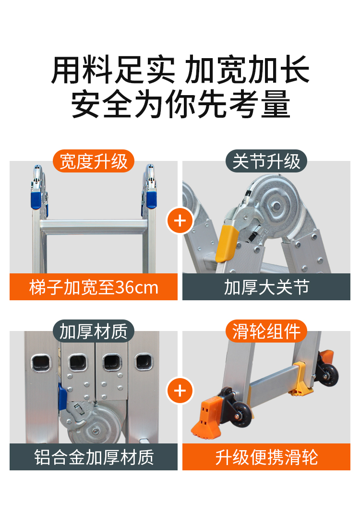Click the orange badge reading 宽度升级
(x=94, y=161)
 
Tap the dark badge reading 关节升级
(x=266, y=161)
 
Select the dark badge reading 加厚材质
(x=94, y=331)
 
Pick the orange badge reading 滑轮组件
(x=266, y=331)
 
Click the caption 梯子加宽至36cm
(x=94, y=287)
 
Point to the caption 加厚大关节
(x=266, y=287)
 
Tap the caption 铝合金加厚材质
(x=94, y=457)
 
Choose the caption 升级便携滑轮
(x=266, y=457)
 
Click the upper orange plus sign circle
(x=180, y=221)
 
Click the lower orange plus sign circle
(x=180, y=391)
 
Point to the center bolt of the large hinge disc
(x=276, y=206)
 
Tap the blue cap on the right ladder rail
(x=151, y=199)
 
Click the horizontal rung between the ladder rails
(x=94, y=226)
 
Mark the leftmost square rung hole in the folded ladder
(x=41, y=363)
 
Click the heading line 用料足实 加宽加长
(x=180, y=70)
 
